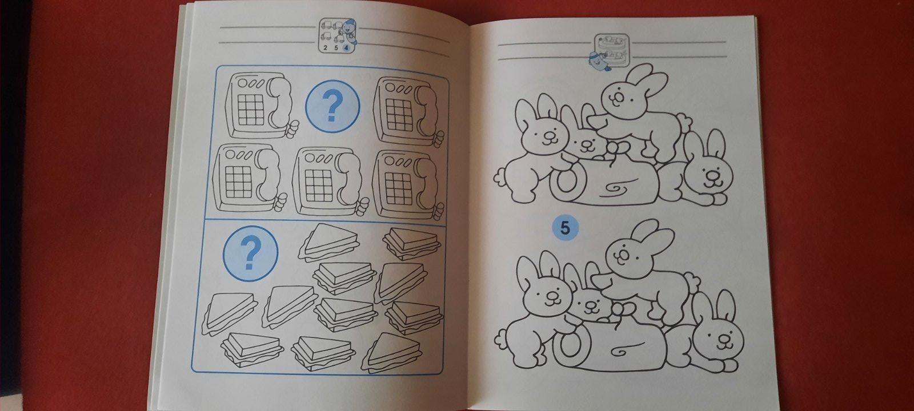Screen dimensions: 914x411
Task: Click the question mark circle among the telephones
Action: tap(332, 106)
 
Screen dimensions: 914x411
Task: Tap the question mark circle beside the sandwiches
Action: tap(250, 253)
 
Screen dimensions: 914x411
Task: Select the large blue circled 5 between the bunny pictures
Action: tap(565, 228)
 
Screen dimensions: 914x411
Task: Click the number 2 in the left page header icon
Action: tap(325, 48)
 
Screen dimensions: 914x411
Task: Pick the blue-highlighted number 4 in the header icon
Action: tap(346, 48)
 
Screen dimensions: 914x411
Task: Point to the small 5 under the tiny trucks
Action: tap(336, 48)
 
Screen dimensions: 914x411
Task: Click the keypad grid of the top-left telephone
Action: tap(251, 110)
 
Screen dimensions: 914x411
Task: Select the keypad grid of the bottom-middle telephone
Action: tap(318, 185)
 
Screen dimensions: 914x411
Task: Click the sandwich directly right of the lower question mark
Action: tap(329, 242)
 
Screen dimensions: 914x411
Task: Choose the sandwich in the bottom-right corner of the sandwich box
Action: tap(392, 352)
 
